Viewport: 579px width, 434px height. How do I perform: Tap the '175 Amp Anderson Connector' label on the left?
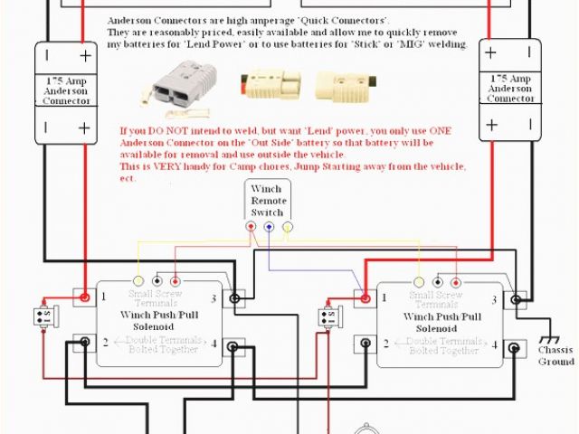[x=66, y=91]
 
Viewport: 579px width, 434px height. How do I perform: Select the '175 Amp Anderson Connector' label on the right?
[x=511, y=89]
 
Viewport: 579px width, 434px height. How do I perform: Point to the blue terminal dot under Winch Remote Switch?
[x=270, y=227]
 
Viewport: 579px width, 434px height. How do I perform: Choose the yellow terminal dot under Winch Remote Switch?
[x=289, y=227]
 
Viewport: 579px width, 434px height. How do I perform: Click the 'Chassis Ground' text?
[x=555, y=355]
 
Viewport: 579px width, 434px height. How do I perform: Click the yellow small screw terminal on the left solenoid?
[x=138, y=280]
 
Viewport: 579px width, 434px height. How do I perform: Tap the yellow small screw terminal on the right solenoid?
[x=418, y=281]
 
